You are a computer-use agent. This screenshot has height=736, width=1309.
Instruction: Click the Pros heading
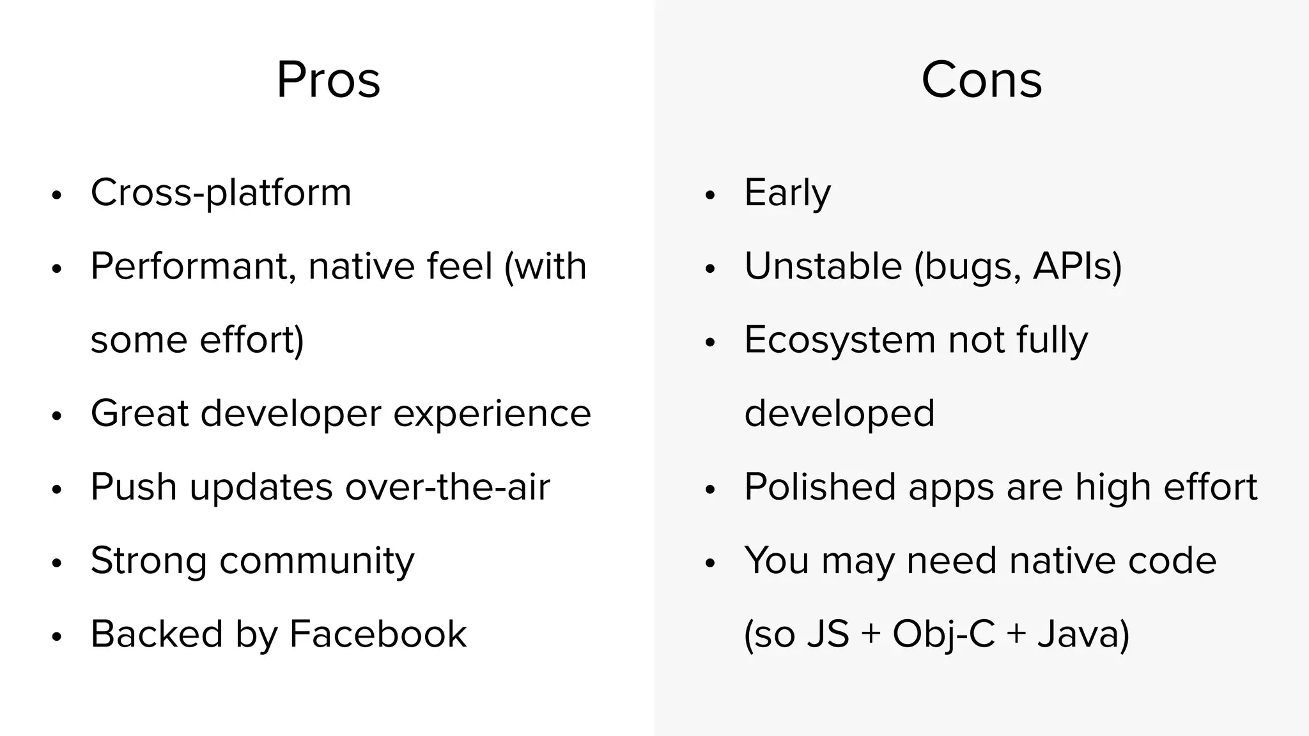(328, 80)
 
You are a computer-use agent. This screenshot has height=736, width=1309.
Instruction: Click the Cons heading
(981, 80)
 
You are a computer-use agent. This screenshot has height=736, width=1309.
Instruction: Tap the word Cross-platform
(221, 192)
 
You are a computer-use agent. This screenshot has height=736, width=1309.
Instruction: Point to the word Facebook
(378, 634)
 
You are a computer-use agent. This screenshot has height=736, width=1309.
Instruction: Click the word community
(317, 561)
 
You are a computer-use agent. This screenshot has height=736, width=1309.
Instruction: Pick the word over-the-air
(447, 487)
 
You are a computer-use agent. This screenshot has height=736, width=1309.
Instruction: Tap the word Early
(787, 192)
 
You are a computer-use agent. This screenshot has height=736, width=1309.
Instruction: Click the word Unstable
(823, 266)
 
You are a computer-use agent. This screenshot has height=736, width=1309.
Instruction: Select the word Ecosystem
(840, 340)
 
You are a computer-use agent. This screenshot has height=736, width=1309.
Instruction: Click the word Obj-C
(943, 634)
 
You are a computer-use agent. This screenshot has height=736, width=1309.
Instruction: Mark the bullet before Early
(710, 195)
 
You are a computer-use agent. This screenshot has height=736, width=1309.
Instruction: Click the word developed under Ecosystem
(839, 413)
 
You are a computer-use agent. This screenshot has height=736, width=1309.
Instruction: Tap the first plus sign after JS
(871, 634)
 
